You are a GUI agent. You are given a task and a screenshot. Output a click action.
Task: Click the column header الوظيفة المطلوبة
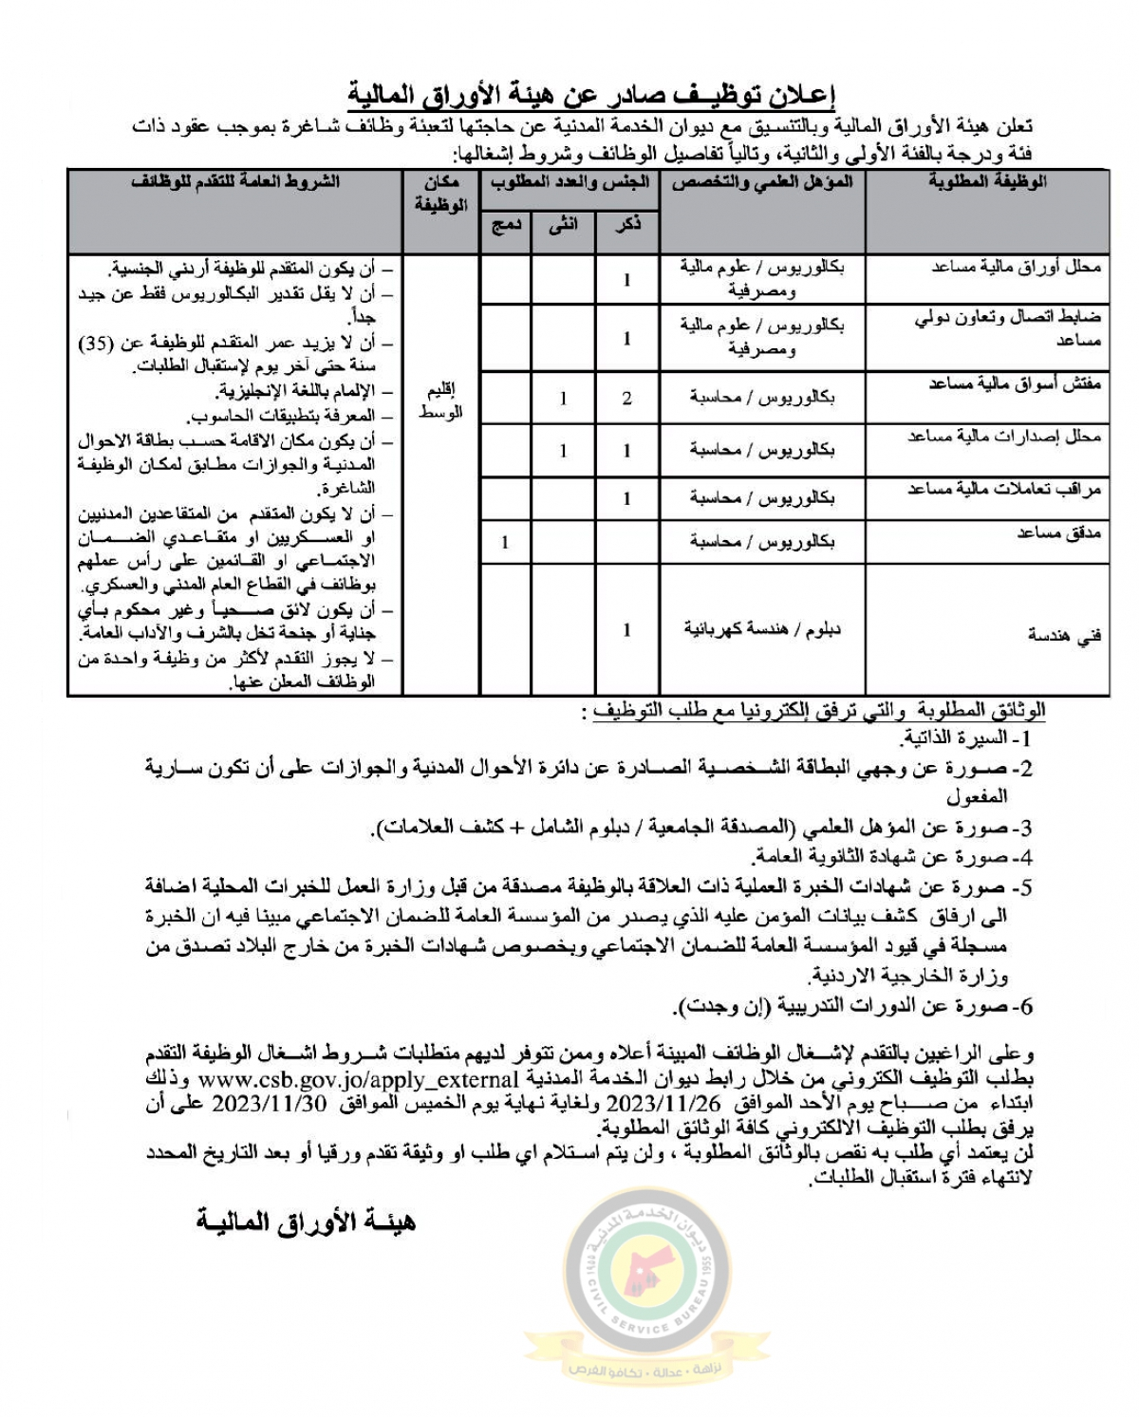tap(987, 182)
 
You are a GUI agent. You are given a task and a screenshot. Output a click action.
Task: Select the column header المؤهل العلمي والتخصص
tap(762, 182)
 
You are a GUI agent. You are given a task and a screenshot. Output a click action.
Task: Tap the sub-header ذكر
tap(627, 226)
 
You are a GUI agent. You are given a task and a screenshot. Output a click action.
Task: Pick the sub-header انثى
tap(563, 226)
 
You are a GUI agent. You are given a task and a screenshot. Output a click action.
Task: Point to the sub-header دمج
tap(505, 226)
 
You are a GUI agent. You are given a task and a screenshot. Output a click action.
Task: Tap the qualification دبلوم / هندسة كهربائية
tap(762, 629)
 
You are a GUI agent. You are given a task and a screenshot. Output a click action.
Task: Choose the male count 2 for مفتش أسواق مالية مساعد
tap(627, 399)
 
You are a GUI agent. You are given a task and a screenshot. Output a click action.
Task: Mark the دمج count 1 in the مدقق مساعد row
tap(505, 542)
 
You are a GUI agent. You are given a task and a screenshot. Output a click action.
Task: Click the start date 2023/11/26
tap(663, 1104)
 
